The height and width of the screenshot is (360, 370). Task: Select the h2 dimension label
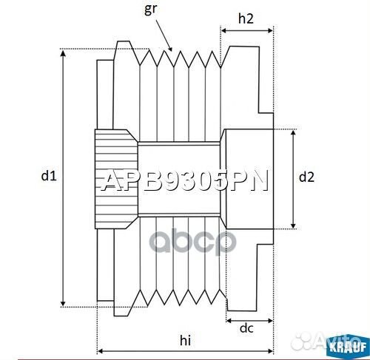(247, 19)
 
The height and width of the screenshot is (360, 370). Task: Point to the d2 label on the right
(306, 177)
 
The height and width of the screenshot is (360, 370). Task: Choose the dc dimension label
(246, 329)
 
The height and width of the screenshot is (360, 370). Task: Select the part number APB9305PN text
(185, 181)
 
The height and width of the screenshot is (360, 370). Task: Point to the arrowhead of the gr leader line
(171, 50)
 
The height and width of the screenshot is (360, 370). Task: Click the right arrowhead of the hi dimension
(272, 350)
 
